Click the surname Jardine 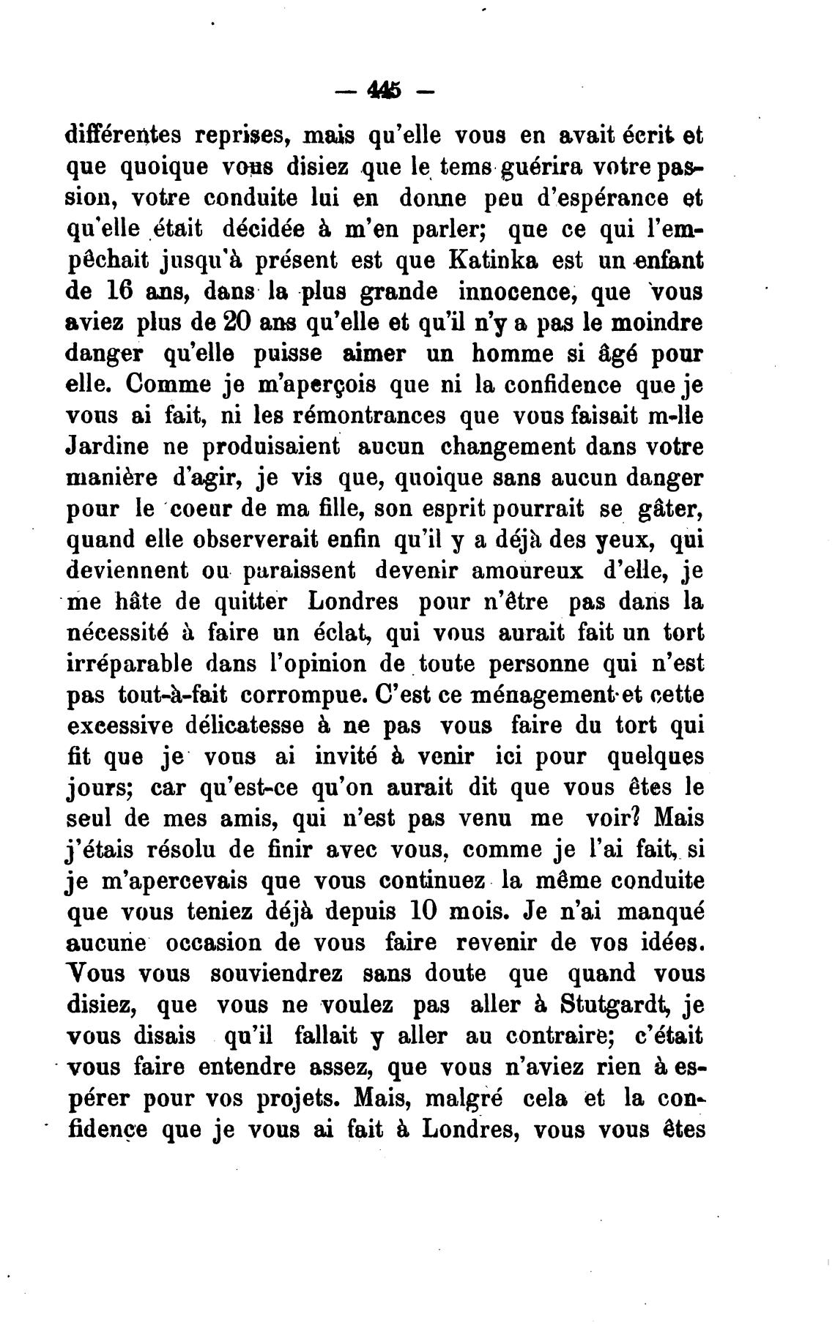point(119,446)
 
